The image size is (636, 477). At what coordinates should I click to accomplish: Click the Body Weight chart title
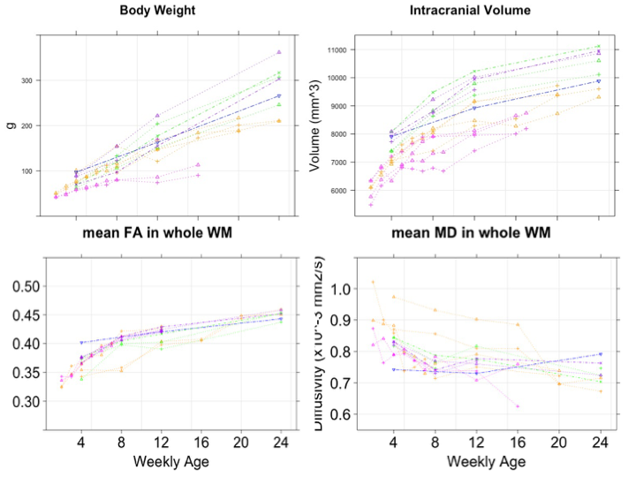[159, 11]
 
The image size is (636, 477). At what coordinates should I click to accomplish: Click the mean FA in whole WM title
[153, 234]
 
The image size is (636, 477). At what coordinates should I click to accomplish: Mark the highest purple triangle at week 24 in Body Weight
[279, 52]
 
